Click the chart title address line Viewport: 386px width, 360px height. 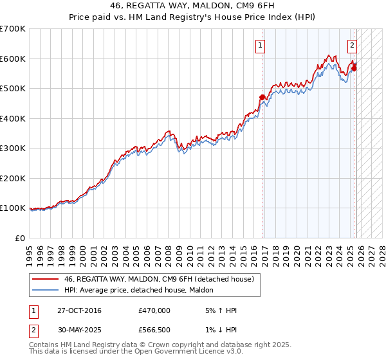click(x=193, y=6)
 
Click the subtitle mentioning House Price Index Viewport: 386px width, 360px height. click(x=193, y=18)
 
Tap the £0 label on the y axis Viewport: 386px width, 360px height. click(x=21, y=238)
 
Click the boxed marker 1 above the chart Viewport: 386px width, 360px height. click(x=260, y=45)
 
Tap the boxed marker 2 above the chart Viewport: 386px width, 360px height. click(x=353, y=45)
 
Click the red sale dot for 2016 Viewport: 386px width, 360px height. click(x=262, y=97)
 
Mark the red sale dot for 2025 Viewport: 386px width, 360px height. click(x=354, y=68)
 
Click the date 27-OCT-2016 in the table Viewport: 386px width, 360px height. click(x=75, y=310)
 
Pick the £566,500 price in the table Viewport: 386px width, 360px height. click(x=154, y=330)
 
